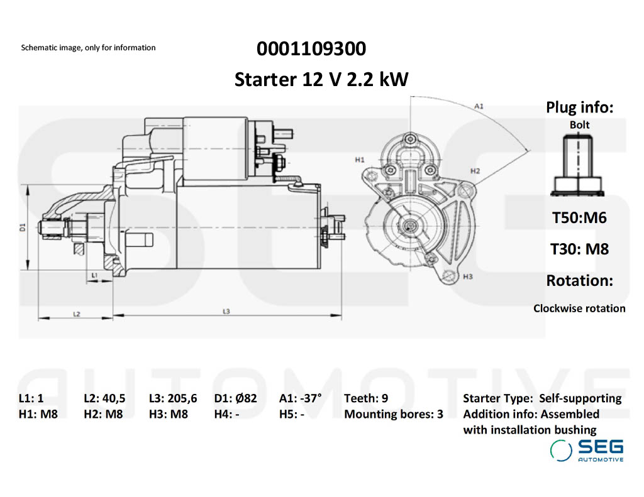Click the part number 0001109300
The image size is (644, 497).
[311, 48]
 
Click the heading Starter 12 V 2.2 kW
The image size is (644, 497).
[321, 80]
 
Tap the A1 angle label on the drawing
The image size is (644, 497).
[479, 106]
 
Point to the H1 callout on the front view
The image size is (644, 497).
[359, 160]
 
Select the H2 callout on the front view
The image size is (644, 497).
[475, 171]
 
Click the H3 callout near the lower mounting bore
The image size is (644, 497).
[467, 276]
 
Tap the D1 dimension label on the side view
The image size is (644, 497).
[22, 227]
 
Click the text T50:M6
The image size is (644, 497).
[579, 218]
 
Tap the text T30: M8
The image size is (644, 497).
[579, 249]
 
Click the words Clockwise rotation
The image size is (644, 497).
[579, 309]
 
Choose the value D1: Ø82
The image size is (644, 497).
[235, 398]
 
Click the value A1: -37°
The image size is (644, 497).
[300, 398]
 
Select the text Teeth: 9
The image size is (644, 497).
[366, 398]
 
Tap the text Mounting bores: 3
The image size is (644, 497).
[394, 415]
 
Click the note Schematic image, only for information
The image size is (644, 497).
[88, 48]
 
